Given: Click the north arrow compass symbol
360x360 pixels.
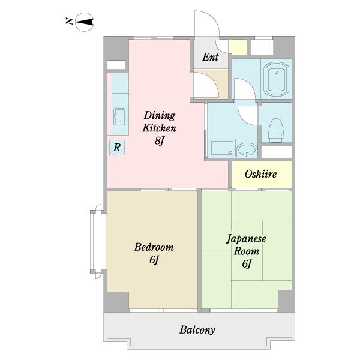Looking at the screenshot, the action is coord(85,22).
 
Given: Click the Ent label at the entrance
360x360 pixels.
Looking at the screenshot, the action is coord(211,57).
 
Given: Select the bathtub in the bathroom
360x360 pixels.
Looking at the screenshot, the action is coord(276,79).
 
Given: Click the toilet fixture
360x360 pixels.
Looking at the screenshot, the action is coord(276,130).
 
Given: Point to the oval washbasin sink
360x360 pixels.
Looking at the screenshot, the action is coord(247,150).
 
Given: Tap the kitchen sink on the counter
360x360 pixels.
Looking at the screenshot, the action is coord(119,116).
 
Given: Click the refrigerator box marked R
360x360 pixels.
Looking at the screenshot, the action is coord(117,148).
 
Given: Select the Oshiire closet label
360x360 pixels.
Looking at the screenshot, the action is coord(260,174).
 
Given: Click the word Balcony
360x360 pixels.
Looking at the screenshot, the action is coord(197,330).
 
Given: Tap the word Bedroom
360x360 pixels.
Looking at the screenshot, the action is coord(154,247).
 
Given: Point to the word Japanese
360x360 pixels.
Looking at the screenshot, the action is coord(246,239).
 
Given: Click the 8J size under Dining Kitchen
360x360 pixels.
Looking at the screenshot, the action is coord(160,140).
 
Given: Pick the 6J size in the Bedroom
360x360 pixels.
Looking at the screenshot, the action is coord(154,260).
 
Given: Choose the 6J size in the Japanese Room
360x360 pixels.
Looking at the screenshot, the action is coord(247,264).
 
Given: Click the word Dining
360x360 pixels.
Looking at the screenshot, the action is coord(160,115).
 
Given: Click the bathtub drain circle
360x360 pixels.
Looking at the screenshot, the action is coord(276,72).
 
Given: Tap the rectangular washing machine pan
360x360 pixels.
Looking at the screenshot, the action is coord(222,148).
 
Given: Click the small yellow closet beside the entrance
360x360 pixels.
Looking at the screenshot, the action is coord(238,47).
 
